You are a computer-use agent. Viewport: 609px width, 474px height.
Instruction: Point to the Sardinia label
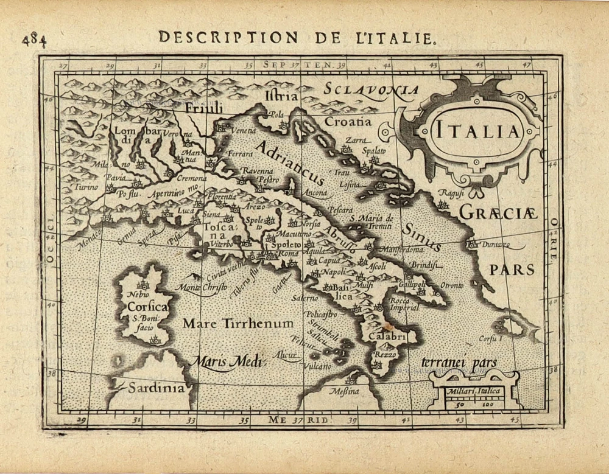click(155, 388)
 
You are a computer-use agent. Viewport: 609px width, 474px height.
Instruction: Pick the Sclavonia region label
click(371, 89)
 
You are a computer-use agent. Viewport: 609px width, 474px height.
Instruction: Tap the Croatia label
click(348, 121)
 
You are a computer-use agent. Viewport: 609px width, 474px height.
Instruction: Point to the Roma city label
click(289, 253)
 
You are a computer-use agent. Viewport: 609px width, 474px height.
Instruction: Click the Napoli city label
click(333, 271)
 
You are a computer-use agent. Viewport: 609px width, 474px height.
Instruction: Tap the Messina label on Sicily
click(343, 391)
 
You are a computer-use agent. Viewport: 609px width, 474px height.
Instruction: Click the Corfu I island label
click(490, 338)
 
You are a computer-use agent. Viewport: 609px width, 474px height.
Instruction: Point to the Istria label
click(282, 96)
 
